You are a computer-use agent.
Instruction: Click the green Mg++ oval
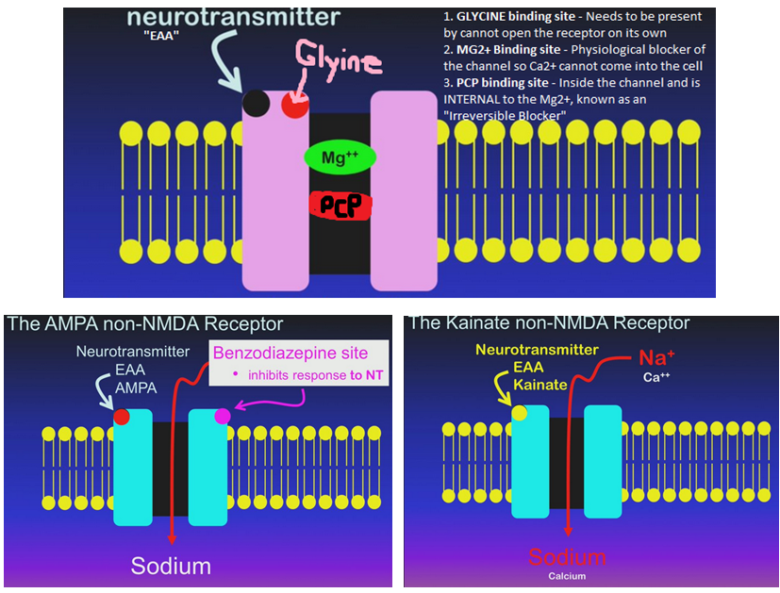[340, 157]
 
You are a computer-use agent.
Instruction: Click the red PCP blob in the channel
[340, 206]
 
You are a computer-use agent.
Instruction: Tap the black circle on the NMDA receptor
[255, 103]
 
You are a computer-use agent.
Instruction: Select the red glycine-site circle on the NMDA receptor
[294, 105]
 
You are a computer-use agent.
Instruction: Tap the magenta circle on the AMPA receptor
[222, 416]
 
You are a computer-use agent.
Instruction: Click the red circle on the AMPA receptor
[121, 416]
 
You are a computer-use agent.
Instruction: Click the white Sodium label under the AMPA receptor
[171, 567]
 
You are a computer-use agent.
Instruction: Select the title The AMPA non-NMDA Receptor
[144, 324]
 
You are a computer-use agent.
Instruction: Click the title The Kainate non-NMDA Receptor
[549, 323]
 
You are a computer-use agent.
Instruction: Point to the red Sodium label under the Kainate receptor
[568, 557]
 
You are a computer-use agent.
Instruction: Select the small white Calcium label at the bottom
[567, 576]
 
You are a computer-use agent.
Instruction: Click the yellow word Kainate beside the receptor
[540, 386]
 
